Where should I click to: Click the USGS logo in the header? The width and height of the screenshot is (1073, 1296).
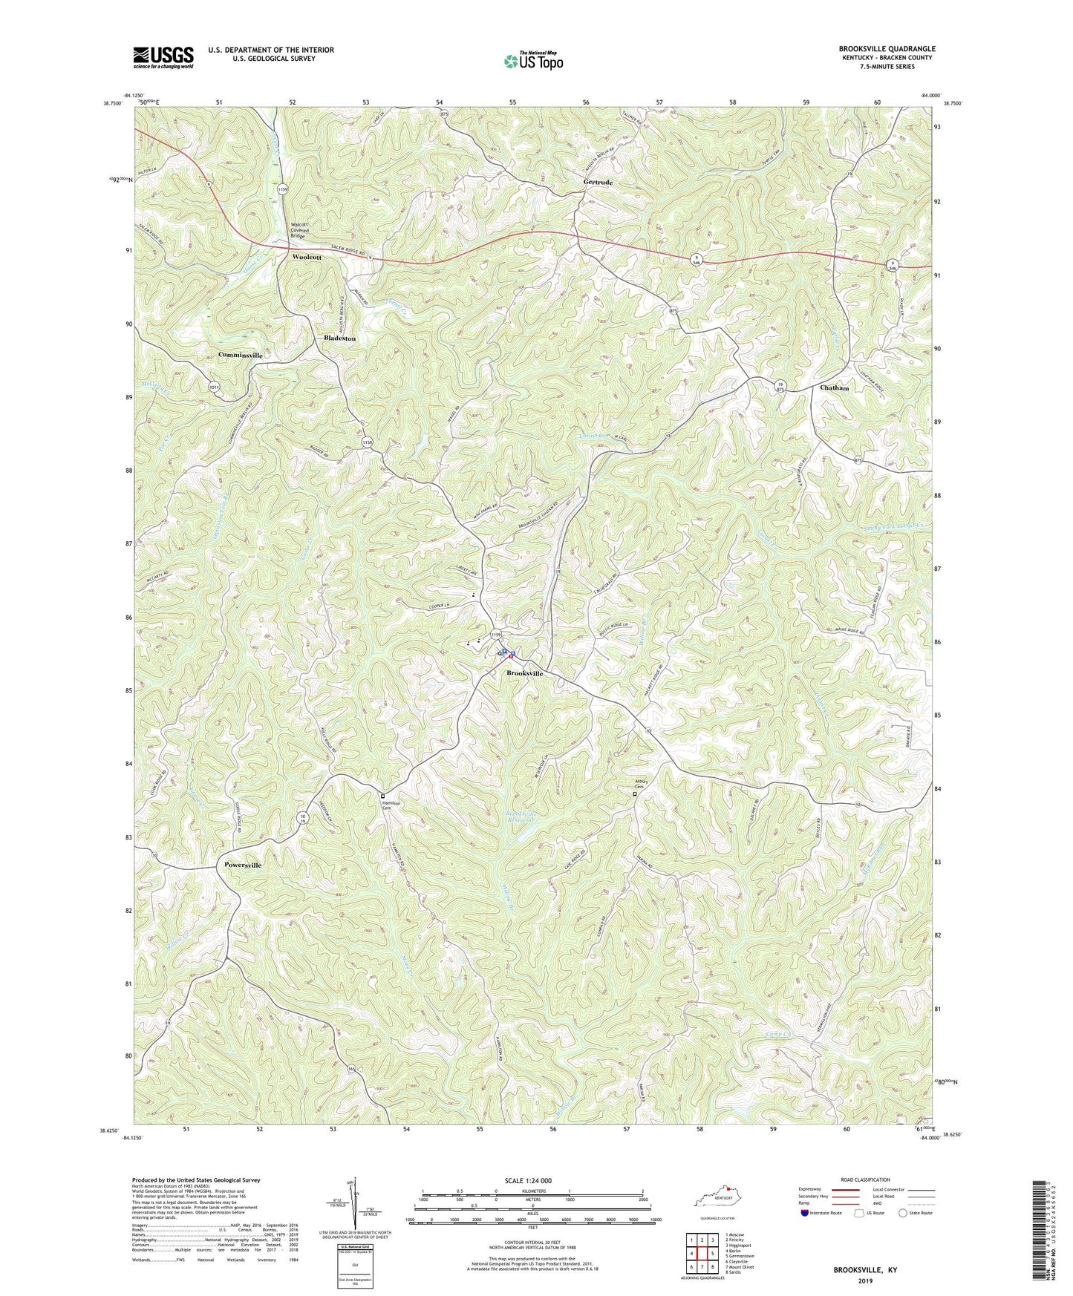coord(163,56)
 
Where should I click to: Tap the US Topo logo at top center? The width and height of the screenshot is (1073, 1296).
coord(532,61)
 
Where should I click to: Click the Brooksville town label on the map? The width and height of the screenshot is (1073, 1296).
coord(525,674)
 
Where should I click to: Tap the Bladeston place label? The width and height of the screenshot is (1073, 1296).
coord(340,338)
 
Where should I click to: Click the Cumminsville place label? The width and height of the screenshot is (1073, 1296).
coord(240,356)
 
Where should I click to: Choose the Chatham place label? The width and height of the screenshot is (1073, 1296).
coord(835,387)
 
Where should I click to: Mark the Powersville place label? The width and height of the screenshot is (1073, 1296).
coord(243,865)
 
